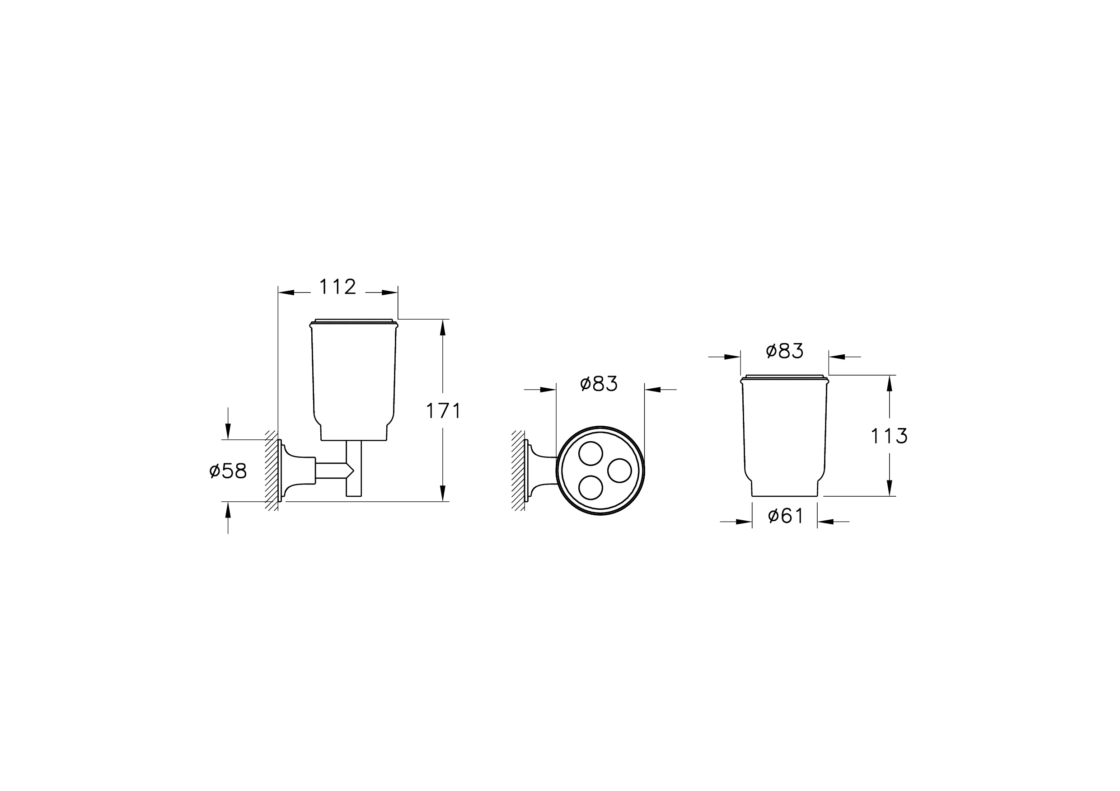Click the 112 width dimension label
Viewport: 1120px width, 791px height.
337,287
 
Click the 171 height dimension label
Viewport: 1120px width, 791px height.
443,411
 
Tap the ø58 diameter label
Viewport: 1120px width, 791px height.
228,471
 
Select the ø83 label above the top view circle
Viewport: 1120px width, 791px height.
599,384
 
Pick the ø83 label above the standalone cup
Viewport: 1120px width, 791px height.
784,351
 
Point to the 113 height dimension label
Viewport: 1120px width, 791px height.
889,436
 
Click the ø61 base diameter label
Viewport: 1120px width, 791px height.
785,516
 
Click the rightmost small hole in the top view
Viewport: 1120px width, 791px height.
619,471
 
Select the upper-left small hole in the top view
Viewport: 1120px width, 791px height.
590,454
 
